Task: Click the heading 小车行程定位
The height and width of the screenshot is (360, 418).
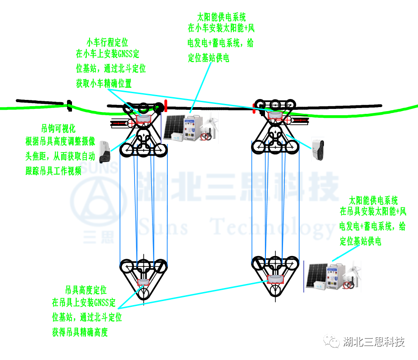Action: (x=108, y=42)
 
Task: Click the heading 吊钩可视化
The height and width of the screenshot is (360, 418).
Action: (x=58, y=129)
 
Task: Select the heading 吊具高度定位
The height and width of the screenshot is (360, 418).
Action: (x=86, y=290)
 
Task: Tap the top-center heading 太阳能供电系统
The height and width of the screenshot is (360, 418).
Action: (x=221, y=18)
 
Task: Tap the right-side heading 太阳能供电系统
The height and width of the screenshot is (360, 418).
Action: (x=373, y=201)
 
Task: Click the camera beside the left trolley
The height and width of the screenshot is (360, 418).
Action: (x=104, y=152)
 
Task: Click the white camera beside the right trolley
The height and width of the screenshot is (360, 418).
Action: (x=318, y=150)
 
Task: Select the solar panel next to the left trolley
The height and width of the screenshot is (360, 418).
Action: (x=174, y=127)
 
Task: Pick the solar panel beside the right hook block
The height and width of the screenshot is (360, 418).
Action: (x=316, y=276)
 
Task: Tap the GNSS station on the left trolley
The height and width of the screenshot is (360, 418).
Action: (x=144, y=119)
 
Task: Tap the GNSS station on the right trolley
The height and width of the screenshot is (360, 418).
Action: (x=275, y=115)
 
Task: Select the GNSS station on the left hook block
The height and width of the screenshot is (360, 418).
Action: (x=144, y=282)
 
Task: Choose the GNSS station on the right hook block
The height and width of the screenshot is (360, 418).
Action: (x=275, y=279)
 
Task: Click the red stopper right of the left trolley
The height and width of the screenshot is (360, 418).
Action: (x=166, y=106)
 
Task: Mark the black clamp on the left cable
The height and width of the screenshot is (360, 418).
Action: (x=70, y=106)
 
